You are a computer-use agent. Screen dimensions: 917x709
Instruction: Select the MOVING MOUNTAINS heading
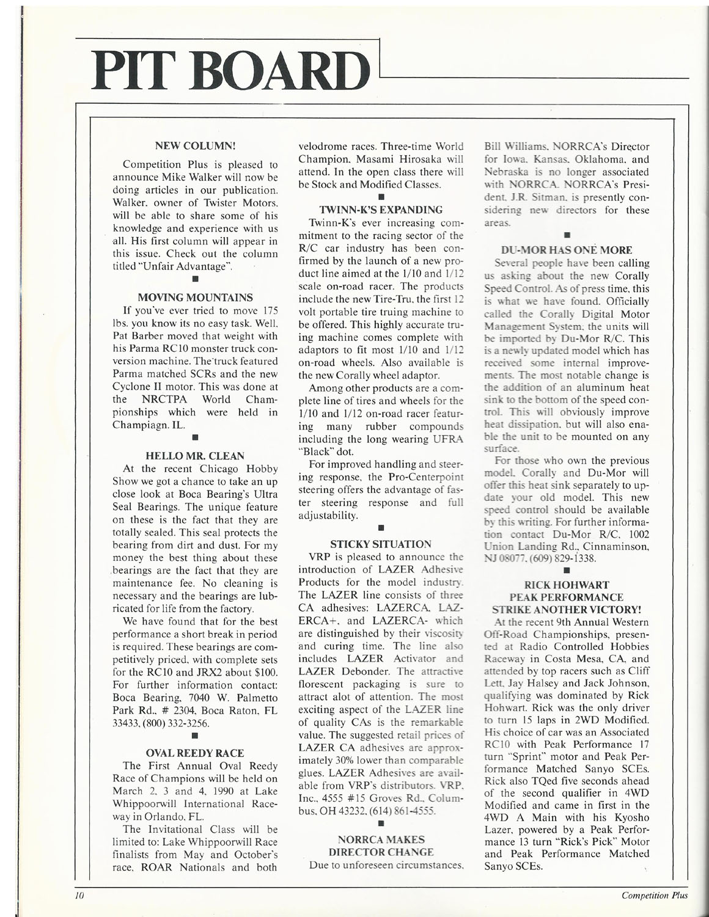click(195, 298)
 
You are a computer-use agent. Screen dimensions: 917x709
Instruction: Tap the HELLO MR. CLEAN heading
click(195, 456)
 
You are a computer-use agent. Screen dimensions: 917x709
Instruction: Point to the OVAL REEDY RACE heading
click(195, 753)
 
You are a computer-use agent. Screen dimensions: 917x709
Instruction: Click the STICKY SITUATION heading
click(381, 544)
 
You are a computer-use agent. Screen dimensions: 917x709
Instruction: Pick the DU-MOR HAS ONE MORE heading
click(566, 250)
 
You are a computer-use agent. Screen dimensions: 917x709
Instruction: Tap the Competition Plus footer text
click(654, 896)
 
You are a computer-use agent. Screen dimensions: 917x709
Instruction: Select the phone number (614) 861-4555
click(399, 811)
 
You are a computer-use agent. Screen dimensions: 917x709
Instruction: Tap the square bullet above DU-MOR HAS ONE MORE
click(567, 234)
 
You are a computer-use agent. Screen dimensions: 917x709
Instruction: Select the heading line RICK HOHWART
click(567, 585)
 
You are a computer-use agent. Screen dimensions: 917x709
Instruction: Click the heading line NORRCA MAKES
click(381, 839)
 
